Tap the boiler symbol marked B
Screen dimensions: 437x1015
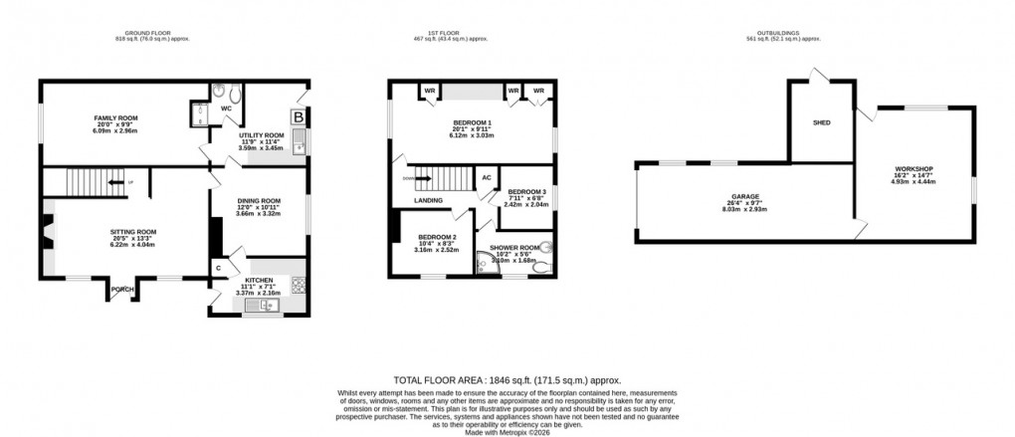click(x=297, y=116)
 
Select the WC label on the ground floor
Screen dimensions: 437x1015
click(x=226, y=107)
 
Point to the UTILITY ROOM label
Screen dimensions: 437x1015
click(x=262, y=134)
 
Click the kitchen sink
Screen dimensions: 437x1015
click(x=267, y=306)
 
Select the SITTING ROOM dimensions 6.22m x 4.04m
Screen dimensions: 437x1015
click(x=132, y=244)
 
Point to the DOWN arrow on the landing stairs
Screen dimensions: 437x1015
click(x=409, y=178)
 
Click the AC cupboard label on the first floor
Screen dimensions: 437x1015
click(x=487, y=178)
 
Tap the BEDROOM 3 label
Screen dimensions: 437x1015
click(x=526, y=191)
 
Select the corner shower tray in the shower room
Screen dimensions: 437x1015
click(x=489, y=263)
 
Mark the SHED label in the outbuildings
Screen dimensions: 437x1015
click(x=821, y=122)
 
